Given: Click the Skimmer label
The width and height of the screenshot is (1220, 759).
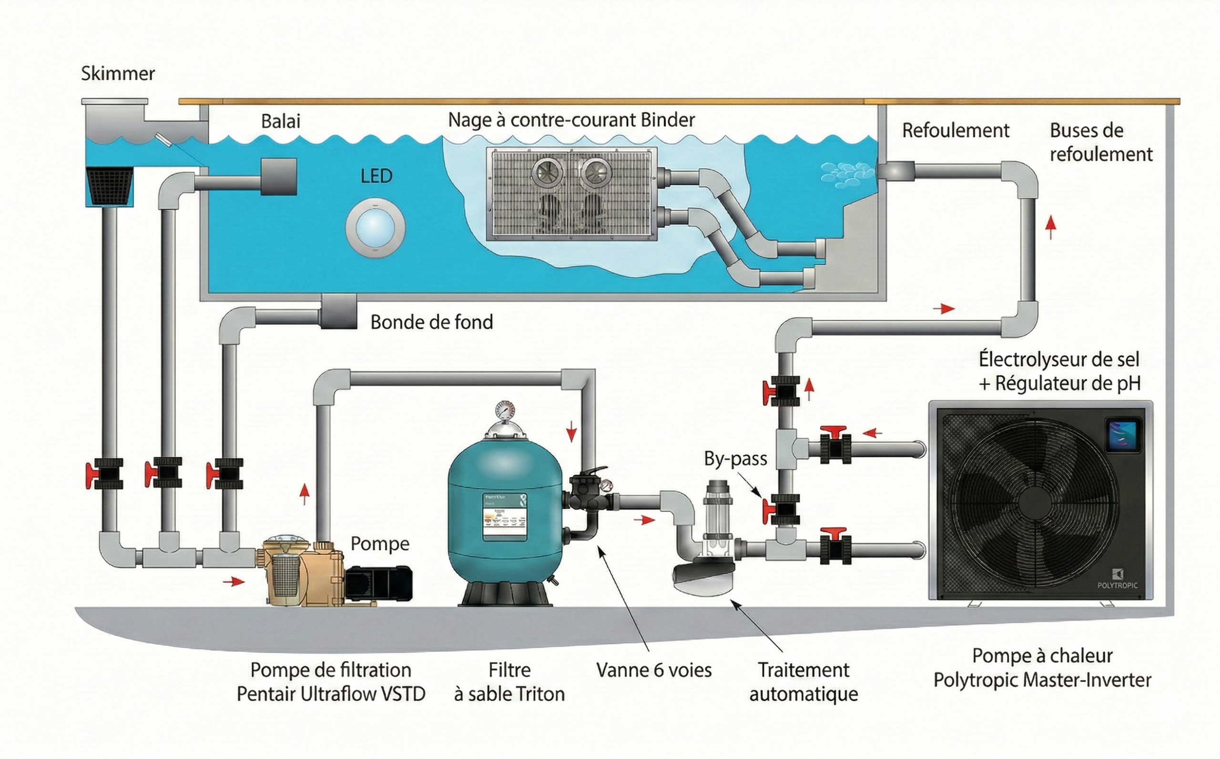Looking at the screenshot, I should [x=118, y=74].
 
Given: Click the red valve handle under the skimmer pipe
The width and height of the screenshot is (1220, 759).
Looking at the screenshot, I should [x=92, y=476].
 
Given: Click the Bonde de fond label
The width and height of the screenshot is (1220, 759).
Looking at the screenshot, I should [x=431, y=322].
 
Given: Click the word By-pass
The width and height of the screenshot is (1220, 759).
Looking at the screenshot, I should [x=735, y=458].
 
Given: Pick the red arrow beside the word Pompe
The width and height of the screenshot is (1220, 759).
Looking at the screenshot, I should [x=304, y=494].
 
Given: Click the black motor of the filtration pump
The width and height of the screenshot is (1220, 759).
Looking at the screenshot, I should [x=379, y=583].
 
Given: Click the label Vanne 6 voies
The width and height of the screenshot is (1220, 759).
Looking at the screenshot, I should [x=654, y=670].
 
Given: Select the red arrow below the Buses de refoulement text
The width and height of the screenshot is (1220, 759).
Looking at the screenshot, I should [x=1050, y=228].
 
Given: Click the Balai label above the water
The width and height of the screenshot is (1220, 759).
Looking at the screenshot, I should [x=280, y=122].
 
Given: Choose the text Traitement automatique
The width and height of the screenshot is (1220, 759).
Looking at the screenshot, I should [x=803, y=682].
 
